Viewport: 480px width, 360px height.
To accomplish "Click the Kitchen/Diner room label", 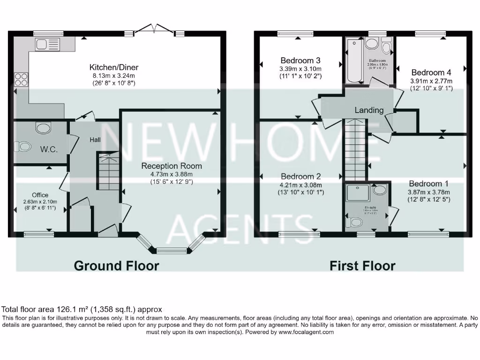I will pyautogui.click(x=114, y=67).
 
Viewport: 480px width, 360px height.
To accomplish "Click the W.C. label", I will pyautogui.click(x=49, y=149).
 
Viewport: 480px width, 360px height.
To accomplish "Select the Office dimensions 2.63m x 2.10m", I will pyautogui.click(x=40, y=202).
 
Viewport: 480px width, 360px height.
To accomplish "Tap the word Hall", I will pyautogui.click(x=96, y=139).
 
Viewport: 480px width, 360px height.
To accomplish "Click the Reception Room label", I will pyautogui.click(x=172, y=166).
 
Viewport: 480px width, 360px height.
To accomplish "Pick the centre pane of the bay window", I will pyautogui.click(x=171, y=250).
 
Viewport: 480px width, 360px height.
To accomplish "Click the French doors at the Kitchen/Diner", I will pyautogui.click(x=154, y=30).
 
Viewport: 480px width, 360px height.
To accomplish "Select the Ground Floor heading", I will pyautogui.click(x=116, y=266).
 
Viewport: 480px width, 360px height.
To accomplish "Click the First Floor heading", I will pyautogui.click(x=362, y=266).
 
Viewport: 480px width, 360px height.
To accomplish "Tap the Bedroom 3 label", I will pyautogui.click(x=300, y=60).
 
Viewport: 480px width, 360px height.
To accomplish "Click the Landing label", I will pyautogui.click(x=369, y=110).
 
